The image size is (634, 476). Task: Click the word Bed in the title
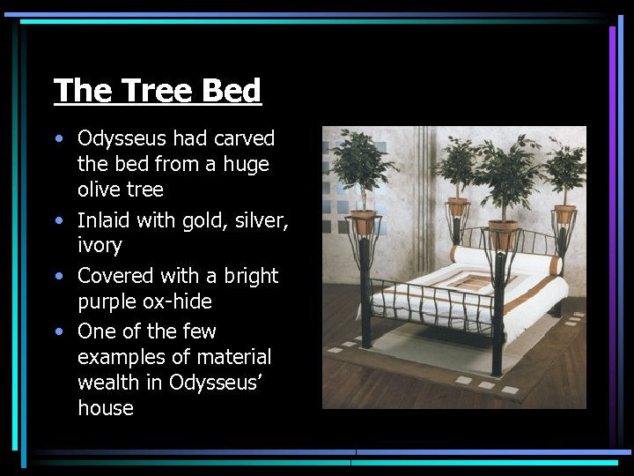coord(232,90)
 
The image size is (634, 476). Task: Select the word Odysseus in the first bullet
coord(121,138)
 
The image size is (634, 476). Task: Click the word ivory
coord(100,245)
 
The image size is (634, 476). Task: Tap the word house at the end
coord(105,408)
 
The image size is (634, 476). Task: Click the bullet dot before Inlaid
coord(58,220)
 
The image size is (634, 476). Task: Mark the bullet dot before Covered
coord(58,276)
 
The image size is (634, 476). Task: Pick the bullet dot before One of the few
coord(58,331)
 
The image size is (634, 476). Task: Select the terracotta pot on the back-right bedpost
coord(564,213)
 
